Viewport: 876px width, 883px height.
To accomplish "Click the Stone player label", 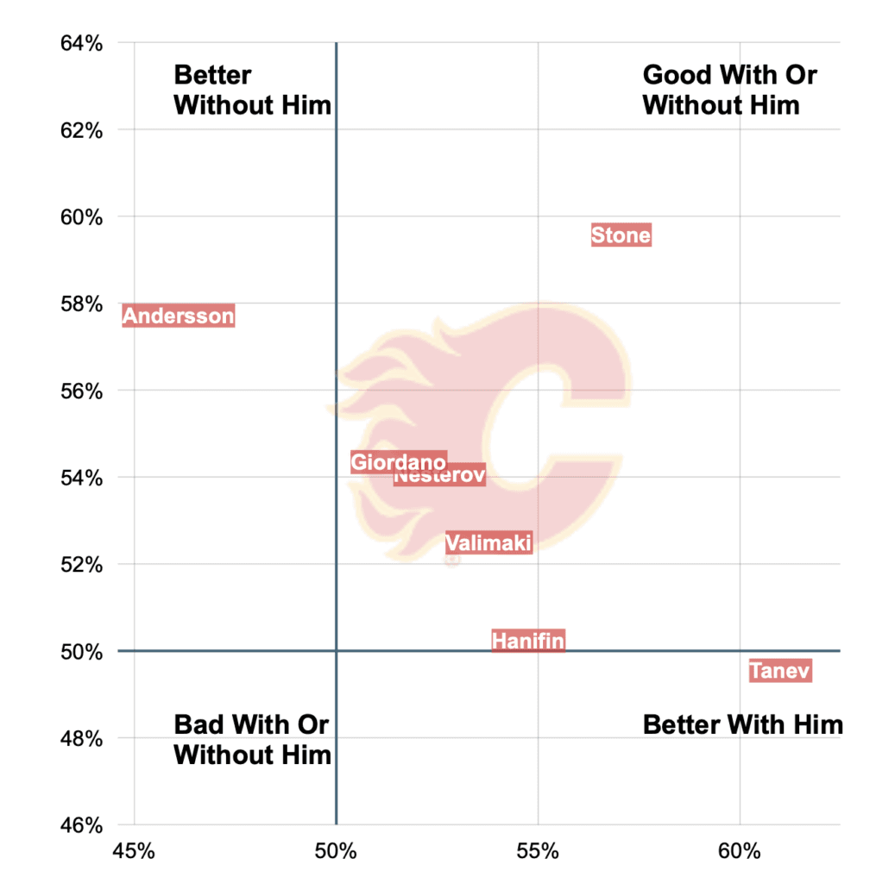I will click(621, 235).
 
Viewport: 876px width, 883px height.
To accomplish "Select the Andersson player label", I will click(178, 316).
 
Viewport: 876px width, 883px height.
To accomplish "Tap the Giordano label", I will click(398, 462).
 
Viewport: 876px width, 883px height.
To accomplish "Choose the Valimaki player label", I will click(488, 542).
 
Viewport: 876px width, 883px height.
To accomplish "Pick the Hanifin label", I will click(528, 641).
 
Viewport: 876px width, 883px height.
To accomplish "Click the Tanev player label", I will click(780, 670).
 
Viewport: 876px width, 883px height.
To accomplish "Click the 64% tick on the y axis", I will click(80, 43).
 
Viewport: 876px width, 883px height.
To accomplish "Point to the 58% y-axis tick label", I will click(80, 304).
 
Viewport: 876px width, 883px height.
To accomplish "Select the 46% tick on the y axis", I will click(80, 825).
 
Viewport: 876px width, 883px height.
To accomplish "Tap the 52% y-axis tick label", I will click(80, 565).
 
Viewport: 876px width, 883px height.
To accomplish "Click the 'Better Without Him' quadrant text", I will click(252, 91).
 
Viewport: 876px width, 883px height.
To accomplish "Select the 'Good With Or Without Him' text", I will click(729, 91).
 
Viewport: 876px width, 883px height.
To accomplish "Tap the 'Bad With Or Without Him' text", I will click(252, 739).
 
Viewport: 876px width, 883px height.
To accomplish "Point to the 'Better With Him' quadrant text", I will click(742, 724).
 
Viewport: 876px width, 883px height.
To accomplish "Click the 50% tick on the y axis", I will click(80, 651).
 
